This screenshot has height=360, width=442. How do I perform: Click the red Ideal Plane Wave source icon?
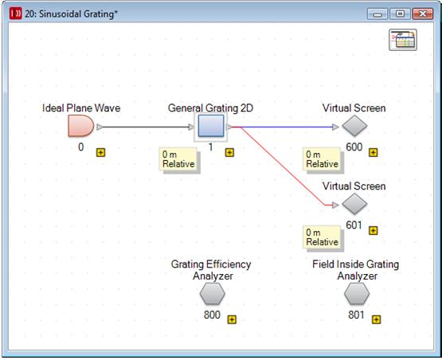click(x=81, y=127)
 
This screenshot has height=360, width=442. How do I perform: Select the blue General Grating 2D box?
click(x=211, y=126)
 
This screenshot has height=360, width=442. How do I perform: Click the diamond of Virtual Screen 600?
click(x=354, y=126)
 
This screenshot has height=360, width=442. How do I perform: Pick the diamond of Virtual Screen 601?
click(x=354, y=204)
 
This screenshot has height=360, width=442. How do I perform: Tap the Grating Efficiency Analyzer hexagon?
click(x=213, y=293)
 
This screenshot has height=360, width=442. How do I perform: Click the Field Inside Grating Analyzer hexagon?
click(x=357, y=293)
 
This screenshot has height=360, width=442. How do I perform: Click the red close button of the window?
click(x=423, y=14)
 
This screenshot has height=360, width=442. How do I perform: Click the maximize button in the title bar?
click(x=400, y=14)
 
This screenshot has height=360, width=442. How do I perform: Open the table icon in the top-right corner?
click(x=403, y=40)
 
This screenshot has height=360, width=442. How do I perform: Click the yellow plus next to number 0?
click(x=100, y=152)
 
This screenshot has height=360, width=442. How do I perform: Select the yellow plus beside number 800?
click(x=232, y=319)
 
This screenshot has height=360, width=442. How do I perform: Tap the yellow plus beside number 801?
click(x=377, y=319)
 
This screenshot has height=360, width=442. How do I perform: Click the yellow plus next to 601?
click(x=374, y=231)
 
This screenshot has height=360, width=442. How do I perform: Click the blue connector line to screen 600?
click(x=287, y=127)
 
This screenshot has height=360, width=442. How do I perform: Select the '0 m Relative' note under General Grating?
click(x=178, y=159)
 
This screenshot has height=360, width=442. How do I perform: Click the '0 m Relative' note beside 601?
click(x=323, y=237)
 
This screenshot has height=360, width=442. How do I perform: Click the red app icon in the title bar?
click(x=15, y=14)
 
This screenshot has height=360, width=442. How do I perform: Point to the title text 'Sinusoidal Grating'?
click(x=77, y=14)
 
